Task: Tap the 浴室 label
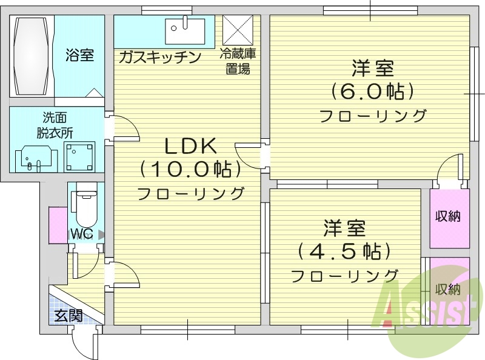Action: point(79,56)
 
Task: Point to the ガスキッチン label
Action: point(159,58)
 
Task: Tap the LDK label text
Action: point(190,146)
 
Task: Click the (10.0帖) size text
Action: point(190,169)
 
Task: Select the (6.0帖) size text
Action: point(372,91)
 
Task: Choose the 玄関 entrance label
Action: point(68,315)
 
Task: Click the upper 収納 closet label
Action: point(449,217)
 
